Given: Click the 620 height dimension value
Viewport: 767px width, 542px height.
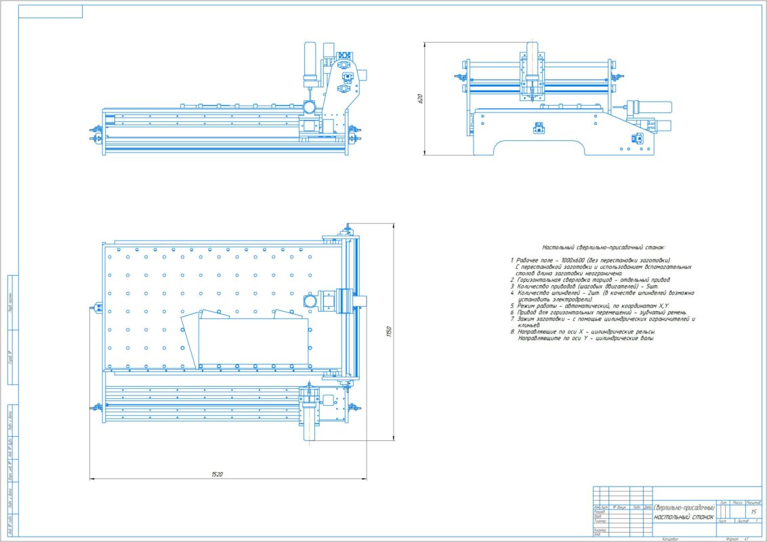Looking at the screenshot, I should tap(420, 99).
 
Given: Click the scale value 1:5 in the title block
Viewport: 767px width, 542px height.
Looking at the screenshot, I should tap(753, 512).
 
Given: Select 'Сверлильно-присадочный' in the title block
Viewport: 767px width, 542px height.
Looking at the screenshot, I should tap(684, 507).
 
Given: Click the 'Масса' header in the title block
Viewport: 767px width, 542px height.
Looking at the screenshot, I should tap(737, 503).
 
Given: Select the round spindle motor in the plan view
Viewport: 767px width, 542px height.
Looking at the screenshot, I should tap(310, 301).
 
